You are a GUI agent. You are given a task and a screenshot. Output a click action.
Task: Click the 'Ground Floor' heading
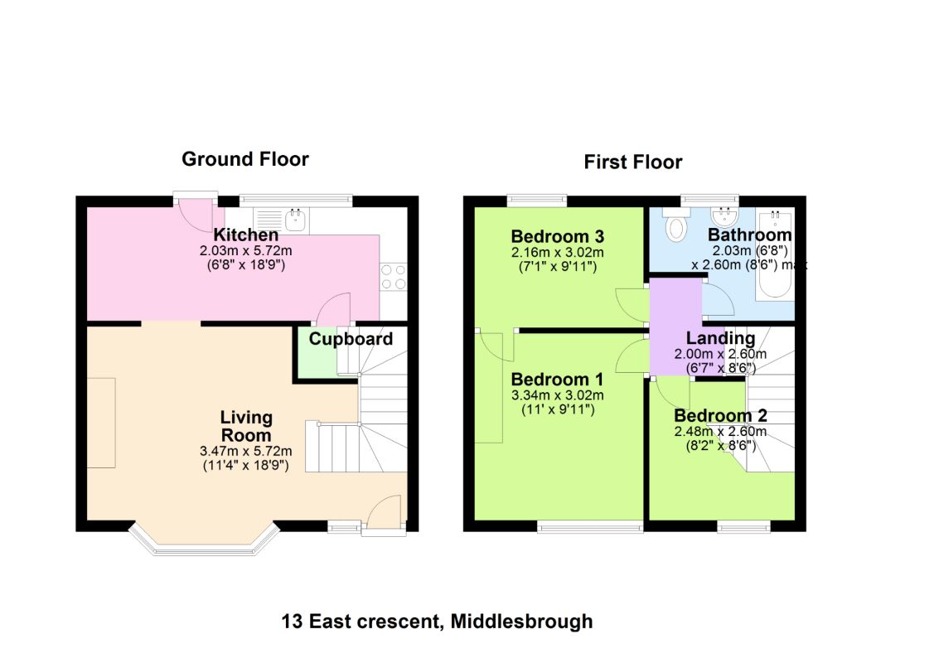click(x=245, y=159)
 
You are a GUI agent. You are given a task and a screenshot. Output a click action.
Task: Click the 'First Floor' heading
click(x=633, y=162)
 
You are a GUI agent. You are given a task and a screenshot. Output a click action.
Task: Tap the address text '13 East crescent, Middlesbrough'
click(x=437, y=622)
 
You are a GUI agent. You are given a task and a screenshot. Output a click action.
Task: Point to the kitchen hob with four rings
click(x=394, y=278)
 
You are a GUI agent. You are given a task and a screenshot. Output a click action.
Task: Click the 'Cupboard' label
click(x=351, y=339)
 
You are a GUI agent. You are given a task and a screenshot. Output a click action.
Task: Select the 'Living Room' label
click(x=246, y=426)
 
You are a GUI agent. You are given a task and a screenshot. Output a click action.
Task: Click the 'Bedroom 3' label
click(x=558, y=236)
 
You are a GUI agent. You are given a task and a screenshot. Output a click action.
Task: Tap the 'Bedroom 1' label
click(x=558, y=380)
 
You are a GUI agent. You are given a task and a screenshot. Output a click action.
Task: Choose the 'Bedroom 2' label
click(x=720, y=416)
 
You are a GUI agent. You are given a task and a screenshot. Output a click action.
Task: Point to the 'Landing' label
click(x=720, y=338)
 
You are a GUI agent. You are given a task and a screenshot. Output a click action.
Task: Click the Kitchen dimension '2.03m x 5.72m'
click(x=246, y=251)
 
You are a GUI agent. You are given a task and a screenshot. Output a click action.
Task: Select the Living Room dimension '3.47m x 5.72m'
click(x=246, y=451)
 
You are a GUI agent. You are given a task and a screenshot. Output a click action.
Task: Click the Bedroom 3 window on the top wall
click(x=537, y=200)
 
